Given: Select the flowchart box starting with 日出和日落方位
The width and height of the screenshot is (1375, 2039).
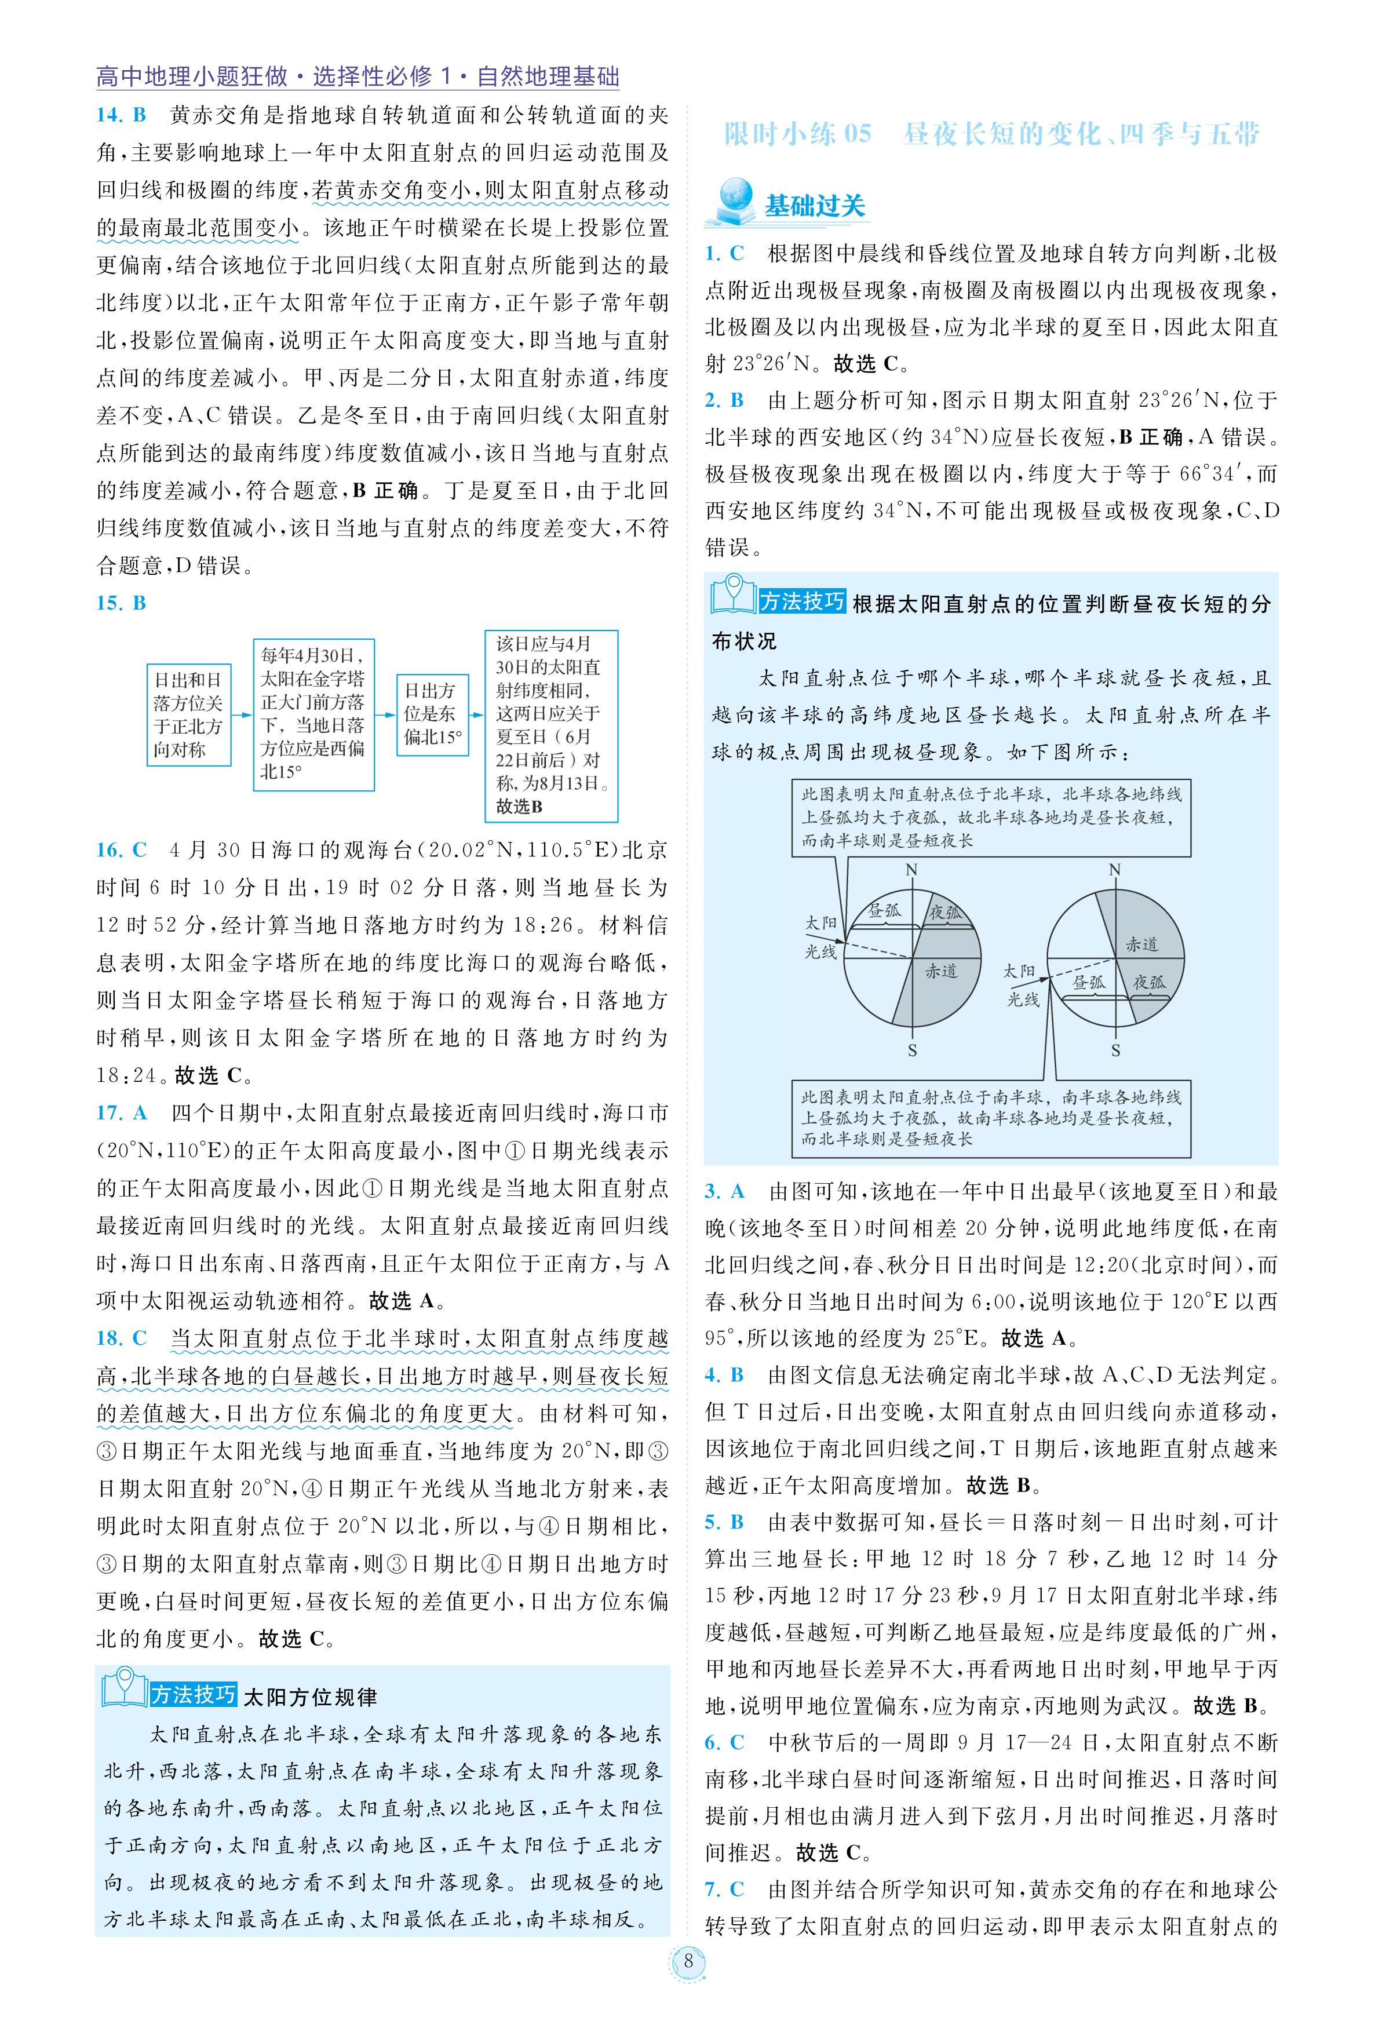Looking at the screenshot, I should [188, 715].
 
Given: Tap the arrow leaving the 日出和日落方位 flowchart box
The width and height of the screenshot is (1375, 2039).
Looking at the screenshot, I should [242, 715].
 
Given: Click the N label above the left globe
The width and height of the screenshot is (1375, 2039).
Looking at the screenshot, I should [912, 870].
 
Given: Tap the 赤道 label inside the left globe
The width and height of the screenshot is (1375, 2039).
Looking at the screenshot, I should [941, 971].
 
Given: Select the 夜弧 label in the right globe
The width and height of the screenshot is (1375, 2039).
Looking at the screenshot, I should [1149, 982].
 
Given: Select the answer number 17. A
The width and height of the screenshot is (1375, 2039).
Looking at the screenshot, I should [121, 1113].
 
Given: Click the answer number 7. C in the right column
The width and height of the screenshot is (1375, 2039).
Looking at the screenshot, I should [724, 1888].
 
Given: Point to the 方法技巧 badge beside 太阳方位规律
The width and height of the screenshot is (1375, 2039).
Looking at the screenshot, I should [193, 1694].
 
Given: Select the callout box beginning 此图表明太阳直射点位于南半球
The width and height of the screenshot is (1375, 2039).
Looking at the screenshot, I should [991, 1118].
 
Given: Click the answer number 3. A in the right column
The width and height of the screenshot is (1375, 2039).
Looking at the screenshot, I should [724, 1191].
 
